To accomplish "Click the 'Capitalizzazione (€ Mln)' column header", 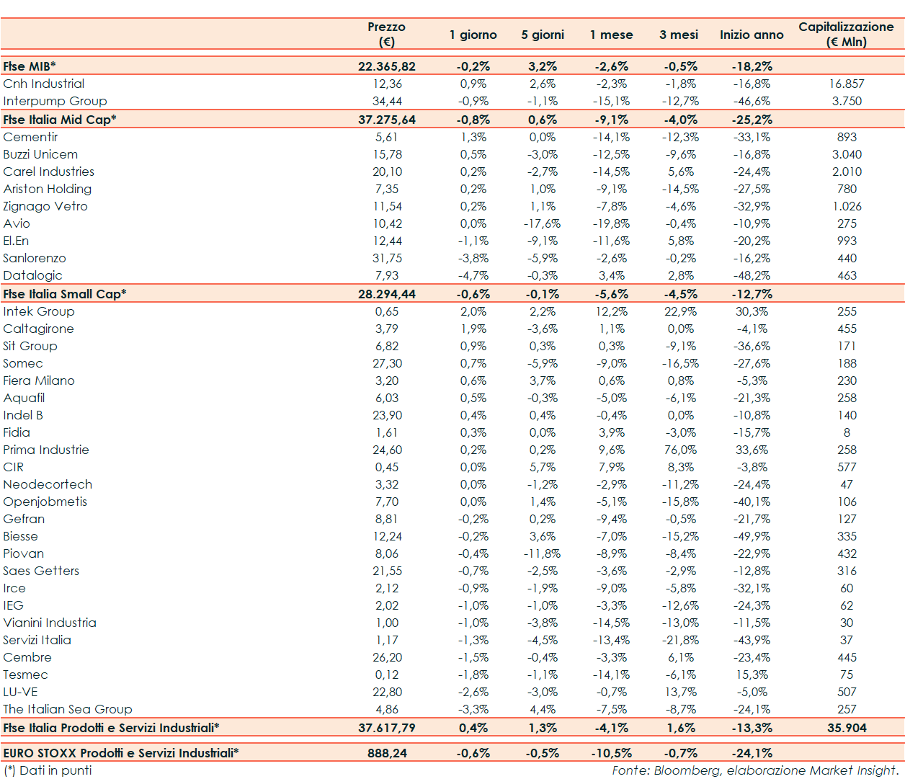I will (846, 34).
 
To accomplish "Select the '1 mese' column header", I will (611, 35).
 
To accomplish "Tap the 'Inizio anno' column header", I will (752, 35).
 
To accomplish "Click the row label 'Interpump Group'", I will (55, 101).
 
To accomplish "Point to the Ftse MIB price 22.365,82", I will (387, 66).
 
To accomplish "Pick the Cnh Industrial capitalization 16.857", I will (847, 84).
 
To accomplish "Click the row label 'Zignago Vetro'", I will (45, 206).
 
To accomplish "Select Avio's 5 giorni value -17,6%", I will (542, 223).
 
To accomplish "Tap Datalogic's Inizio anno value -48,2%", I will (752, 275).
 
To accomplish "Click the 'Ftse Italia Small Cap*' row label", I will (65, 294).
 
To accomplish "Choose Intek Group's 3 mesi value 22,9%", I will (681, 311).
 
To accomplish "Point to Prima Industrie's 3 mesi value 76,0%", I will (681, 450).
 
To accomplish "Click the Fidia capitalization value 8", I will (847, 432).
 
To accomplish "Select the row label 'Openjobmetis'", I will (45, 502).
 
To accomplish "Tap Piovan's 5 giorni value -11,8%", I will (542, 553).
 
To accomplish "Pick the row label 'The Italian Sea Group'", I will (68, 709).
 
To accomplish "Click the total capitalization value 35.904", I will (847, 728).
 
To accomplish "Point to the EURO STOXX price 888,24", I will (387, 753).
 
